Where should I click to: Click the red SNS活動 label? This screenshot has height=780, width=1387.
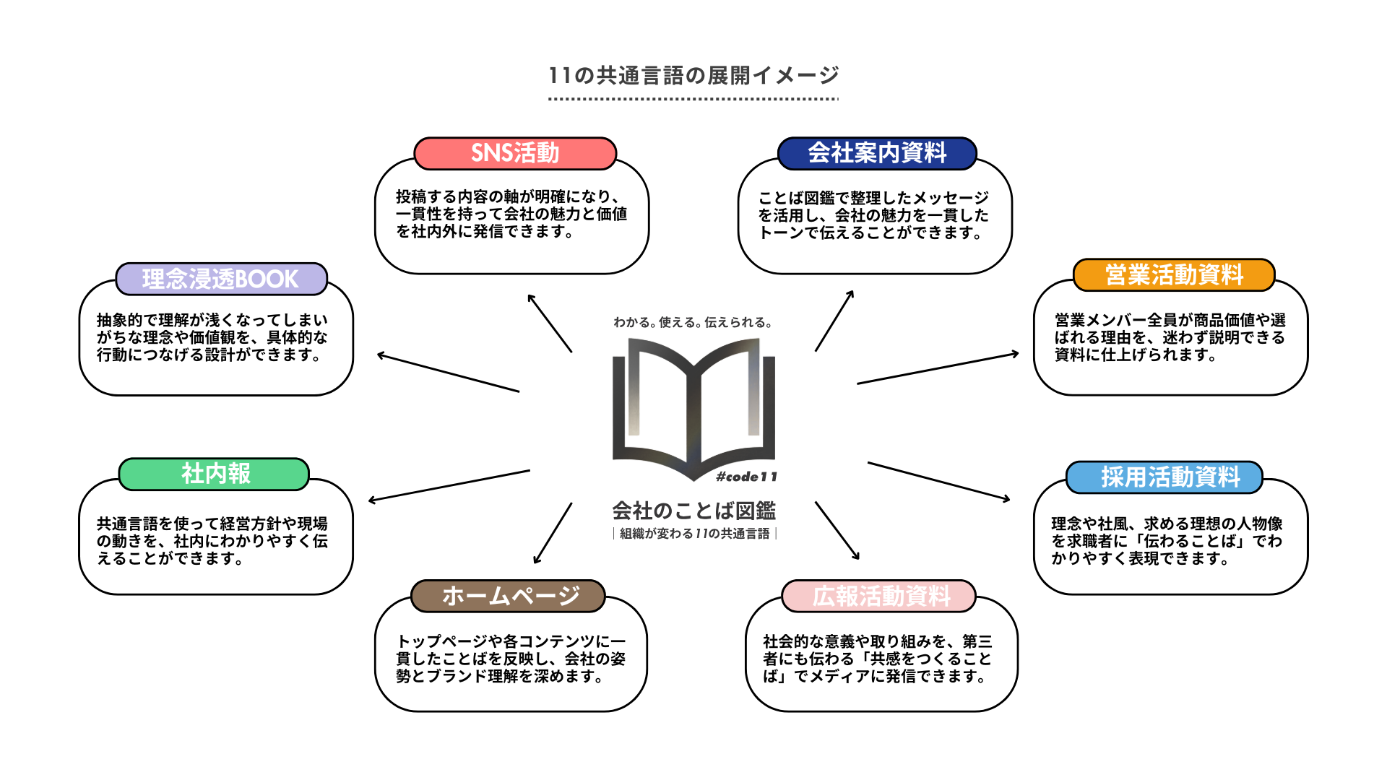[515, 153]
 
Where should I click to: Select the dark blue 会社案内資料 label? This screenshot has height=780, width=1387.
[877, 153]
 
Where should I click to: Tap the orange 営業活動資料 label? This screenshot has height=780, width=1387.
[1174, 275]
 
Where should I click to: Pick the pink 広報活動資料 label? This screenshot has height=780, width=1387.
[879, 597]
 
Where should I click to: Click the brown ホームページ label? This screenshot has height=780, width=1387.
[509, 597]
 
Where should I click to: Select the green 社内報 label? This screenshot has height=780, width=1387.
[215, 474]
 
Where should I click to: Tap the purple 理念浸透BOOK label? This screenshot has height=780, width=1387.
[221, 279]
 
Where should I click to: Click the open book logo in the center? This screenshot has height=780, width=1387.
[693, 404]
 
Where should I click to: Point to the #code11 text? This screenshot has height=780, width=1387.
[746, 477]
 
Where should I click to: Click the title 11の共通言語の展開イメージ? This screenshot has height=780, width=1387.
[693, 75]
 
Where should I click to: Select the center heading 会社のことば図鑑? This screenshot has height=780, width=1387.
[693, 511]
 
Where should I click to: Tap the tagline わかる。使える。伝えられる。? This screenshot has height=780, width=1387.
[693, 322]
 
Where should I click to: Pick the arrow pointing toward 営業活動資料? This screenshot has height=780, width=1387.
[938, 368]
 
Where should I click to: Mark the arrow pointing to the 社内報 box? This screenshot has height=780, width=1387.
[449, 485]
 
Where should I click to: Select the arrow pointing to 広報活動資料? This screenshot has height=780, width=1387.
[837, 531]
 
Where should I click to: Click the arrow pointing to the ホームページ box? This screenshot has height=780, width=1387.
[553, 533]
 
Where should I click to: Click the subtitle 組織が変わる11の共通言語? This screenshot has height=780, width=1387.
[694, 534]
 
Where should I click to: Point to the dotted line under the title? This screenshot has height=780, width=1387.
[693, 99]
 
